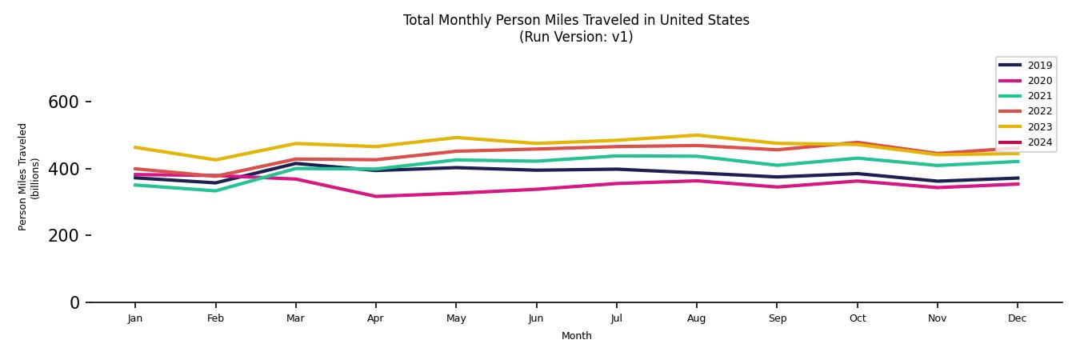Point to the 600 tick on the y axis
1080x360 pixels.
[63, 102]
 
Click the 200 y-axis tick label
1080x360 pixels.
[63, 236]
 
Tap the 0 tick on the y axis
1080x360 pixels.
[74, 302]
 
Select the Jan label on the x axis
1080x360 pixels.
[135, 318]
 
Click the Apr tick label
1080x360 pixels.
[375, 318]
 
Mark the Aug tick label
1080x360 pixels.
[696, 318]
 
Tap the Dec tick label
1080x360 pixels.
[1017, 318]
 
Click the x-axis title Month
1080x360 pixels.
[576, 336]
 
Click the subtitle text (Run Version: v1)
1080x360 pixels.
[576, 37]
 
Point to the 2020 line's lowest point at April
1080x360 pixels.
[375, 196]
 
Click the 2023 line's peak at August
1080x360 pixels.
[696, 135]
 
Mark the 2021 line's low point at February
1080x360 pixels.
[215, 190]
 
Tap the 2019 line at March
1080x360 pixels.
[295, 163]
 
